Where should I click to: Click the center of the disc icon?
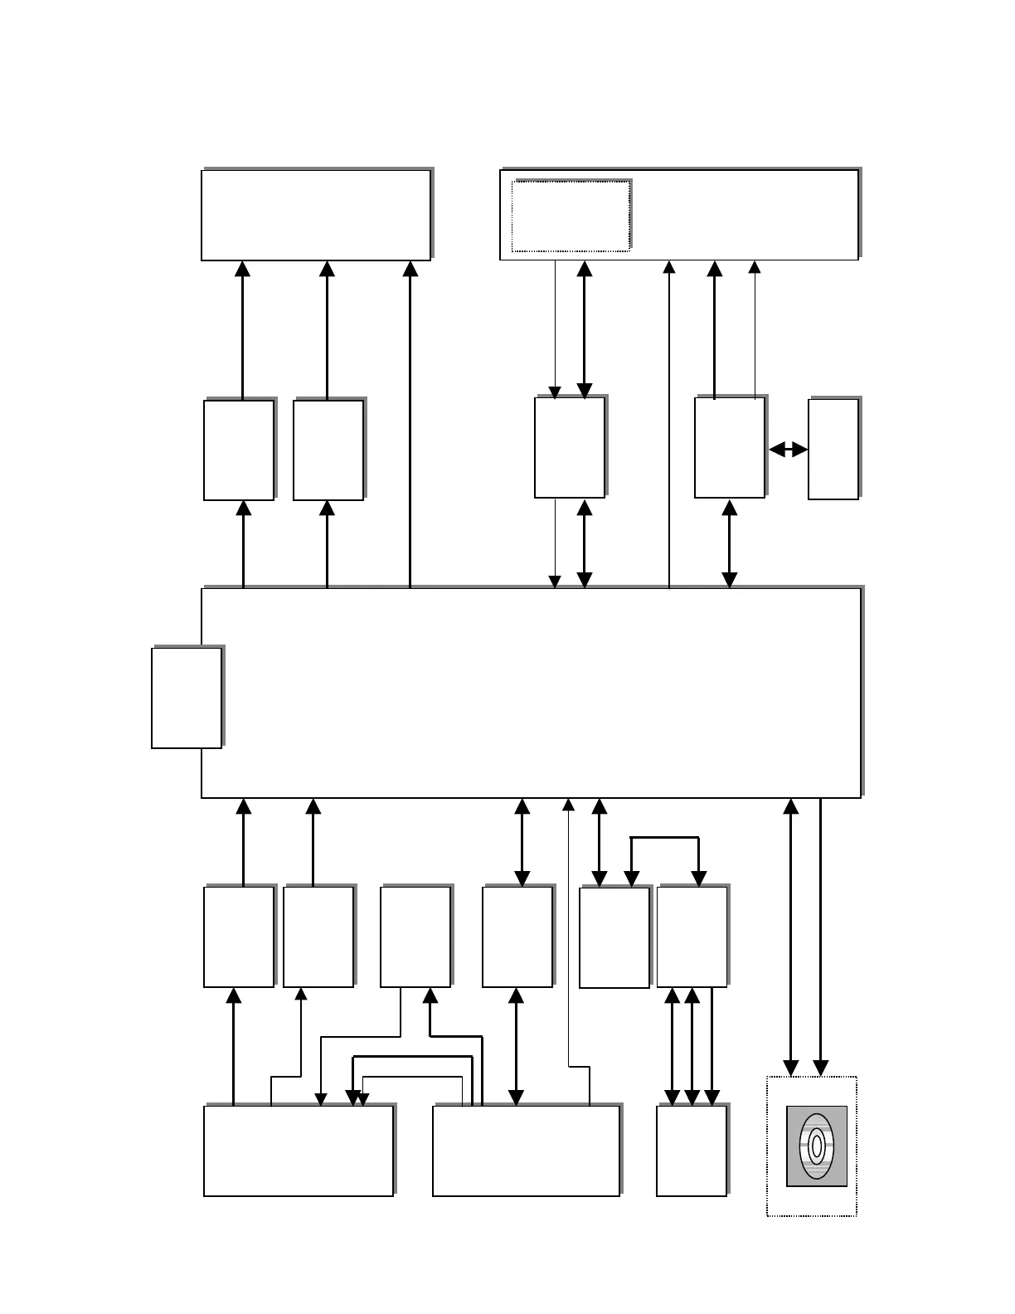coord(817,1146)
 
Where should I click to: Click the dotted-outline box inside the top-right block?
coord(571,216)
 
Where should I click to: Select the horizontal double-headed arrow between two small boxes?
coord(788,450)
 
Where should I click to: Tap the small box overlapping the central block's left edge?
coord(187,698)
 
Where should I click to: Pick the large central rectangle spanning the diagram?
coord(531,693)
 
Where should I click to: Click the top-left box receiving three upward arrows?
coord(316,215)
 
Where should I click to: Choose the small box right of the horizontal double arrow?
coord(833,450)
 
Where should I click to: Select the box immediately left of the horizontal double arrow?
coord(730,448)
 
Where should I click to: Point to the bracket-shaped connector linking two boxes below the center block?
coord(665,839)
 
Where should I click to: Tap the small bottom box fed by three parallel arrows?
coord(692,1151)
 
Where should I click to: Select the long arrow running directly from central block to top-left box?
coord(410,423)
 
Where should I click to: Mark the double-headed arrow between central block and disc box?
coord(791,937)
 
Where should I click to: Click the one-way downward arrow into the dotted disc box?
coord(820,937)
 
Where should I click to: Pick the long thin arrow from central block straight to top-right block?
coord(669,423)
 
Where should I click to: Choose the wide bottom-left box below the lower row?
coord(299,1151)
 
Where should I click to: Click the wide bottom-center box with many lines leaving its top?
coord(526,1151)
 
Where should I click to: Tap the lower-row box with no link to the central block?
coord(415,937)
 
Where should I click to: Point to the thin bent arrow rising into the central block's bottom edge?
coord(568,929)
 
